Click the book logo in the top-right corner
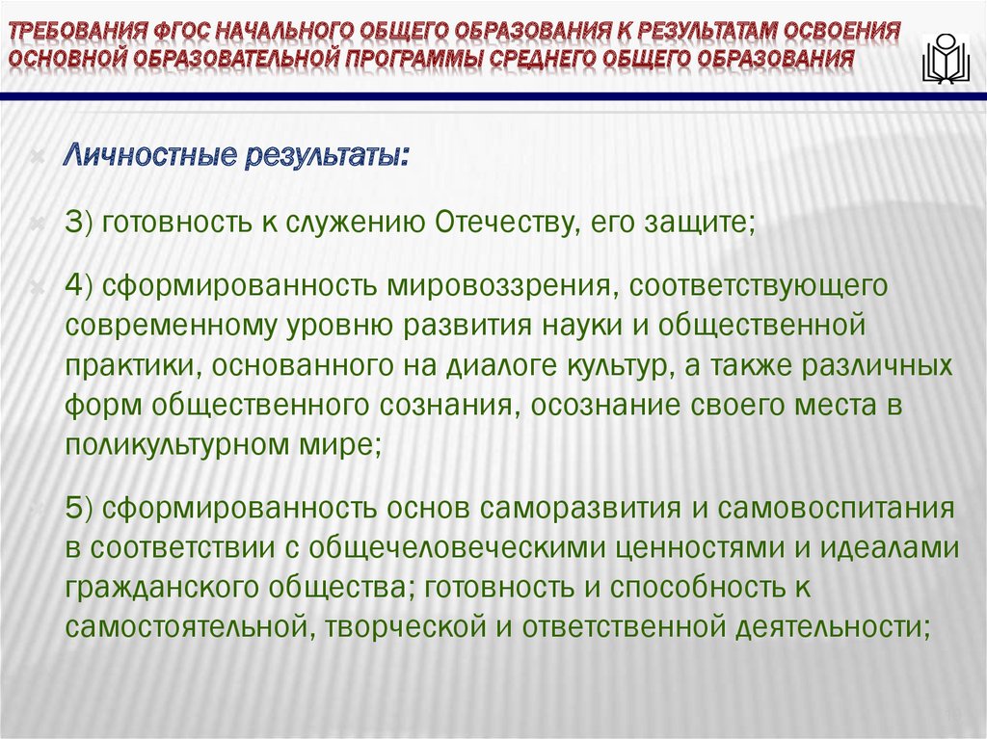click(947, 58)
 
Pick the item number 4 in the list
click(76, 286)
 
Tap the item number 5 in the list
click(76, 509)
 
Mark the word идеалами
click(895, 547)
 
